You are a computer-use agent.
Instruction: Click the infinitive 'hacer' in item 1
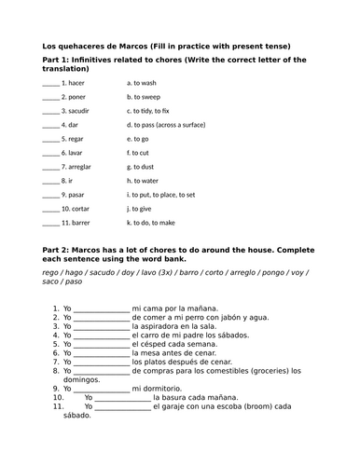77,82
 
